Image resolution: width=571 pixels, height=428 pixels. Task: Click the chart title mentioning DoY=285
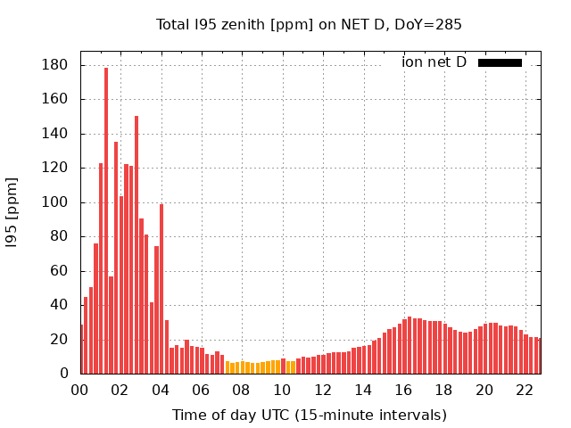(309, 25)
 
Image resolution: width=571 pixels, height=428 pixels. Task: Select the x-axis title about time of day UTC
(309, 415)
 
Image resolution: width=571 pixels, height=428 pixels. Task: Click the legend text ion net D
(434, 62)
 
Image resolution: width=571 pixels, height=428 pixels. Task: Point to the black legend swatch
(500, 62)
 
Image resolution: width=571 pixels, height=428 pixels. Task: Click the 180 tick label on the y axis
(56, 65)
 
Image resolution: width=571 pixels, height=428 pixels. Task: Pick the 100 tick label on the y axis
(56, 202)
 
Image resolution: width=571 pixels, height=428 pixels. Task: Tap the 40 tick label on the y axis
(60, 305)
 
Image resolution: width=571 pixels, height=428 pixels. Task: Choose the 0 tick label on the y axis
(63, 374)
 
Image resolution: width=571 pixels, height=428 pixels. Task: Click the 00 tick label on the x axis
(80, 390)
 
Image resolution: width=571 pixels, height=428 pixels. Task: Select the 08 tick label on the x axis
(242, 390)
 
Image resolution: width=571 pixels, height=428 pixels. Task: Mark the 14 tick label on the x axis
(363, 390)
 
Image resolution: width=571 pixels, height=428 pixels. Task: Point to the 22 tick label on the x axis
(525, 390)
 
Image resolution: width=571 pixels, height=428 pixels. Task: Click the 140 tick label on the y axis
(56, 134)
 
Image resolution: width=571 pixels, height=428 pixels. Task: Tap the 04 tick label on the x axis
(161, 390)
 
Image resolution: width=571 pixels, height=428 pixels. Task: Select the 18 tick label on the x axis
(444, 390)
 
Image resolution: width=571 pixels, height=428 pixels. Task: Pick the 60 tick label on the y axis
(60, 271)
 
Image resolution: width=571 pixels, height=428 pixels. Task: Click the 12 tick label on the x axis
(323, 390)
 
